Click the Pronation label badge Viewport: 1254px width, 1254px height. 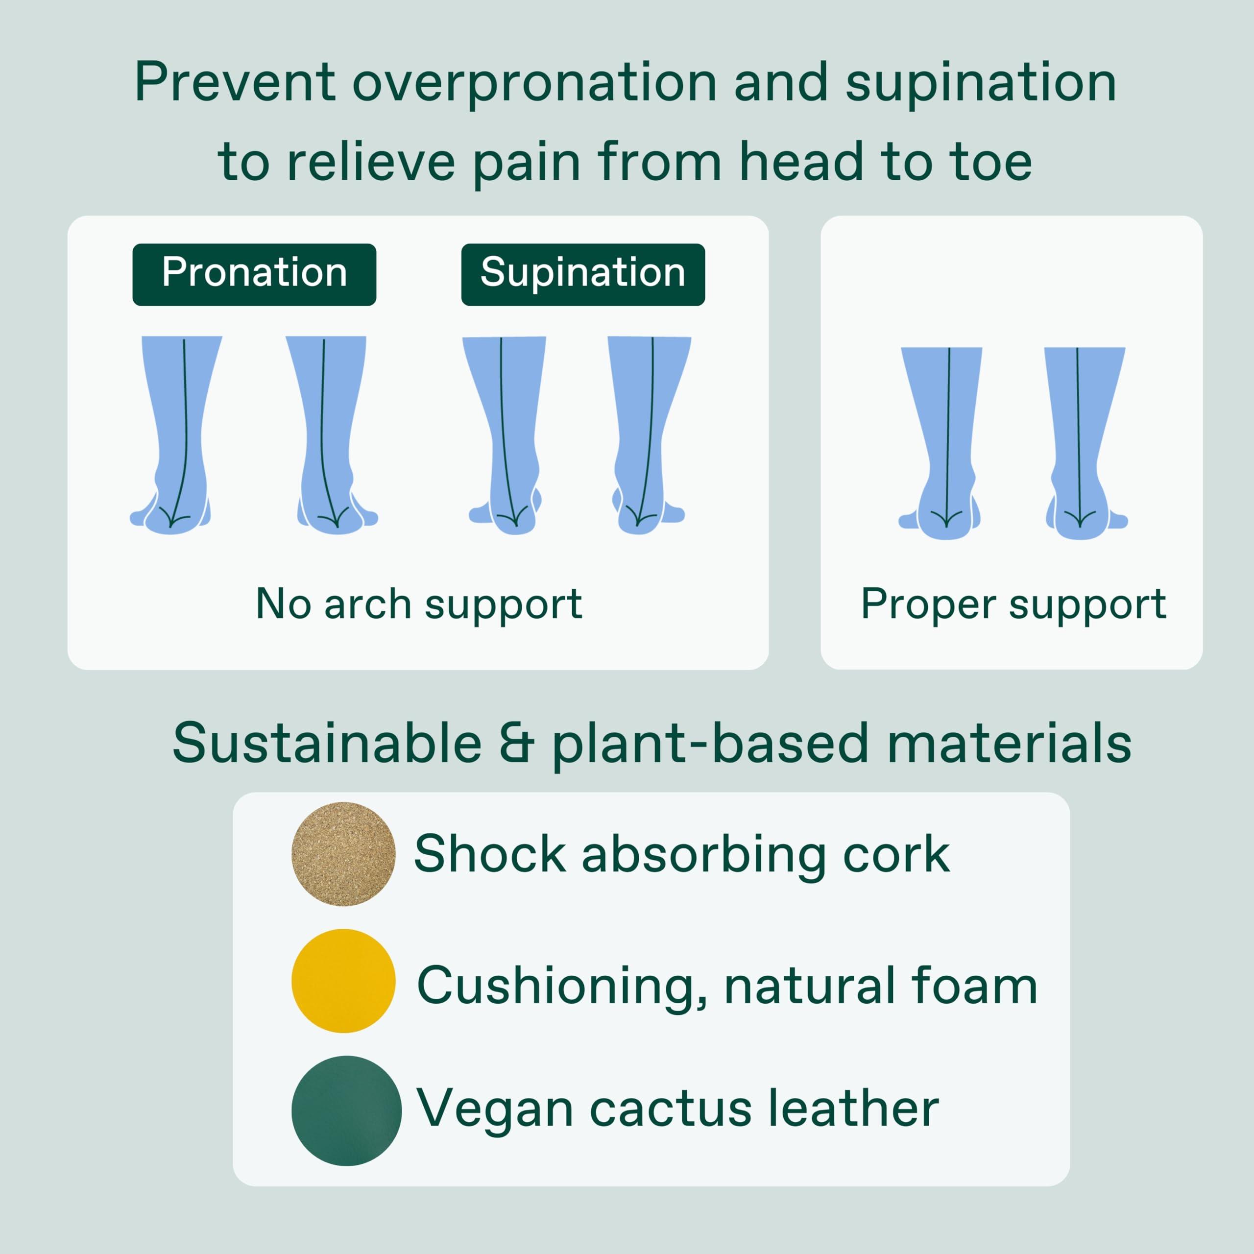pos(254,274)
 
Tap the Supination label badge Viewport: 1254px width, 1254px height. pos(582,274)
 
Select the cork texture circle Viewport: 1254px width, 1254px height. pos(343,854)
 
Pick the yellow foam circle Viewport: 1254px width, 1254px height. pos(343,981)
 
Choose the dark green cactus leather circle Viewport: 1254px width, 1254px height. pos(346,1110)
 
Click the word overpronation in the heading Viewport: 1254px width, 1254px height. pos(534,83)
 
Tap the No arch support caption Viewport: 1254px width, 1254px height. pos(419,604)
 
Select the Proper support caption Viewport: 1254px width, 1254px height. pos(1013,604)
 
